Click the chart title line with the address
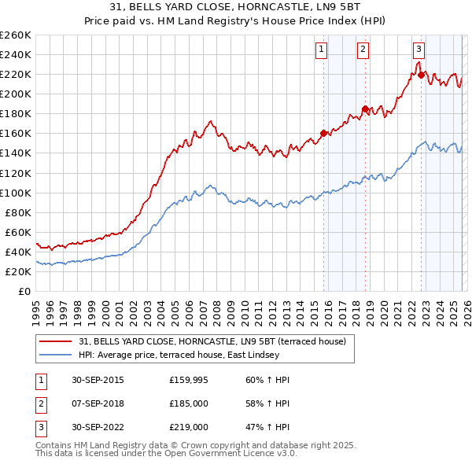(236, 7)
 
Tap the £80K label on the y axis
(18, 212)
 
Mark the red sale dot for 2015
(324, 133)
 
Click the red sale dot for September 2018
(365, 109)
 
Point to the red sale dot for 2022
(422, 75)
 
